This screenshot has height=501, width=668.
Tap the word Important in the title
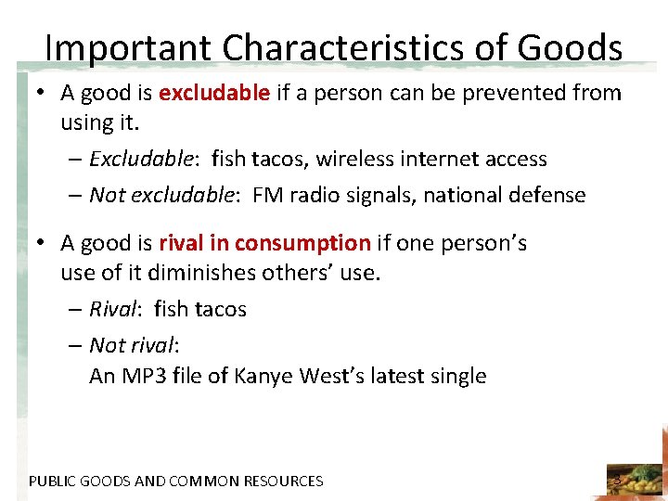[125, 47]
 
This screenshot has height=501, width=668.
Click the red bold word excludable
[214, 93]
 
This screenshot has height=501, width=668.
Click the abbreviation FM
[266, 195]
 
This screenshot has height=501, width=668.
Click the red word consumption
[302, 243]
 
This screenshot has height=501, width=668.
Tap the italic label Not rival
[133, 345]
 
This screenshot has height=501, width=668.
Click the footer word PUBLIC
[51, 481]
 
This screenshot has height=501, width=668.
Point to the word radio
[315, 195]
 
